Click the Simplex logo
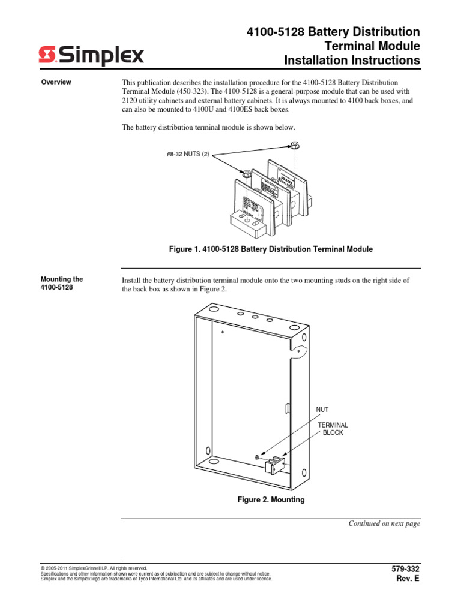pyautogui.click(x=92, y=56)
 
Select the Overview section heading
pyautogui.click(x=56, y=82)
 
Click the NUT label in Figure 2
pyautogui.click(x=323, y=410)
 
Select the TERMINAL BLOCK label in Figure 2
pyautogui.click(x=333, y=428)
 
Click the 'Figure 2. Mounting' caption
pyautogui.click(x=271, y=499)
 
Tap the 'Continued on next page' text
pyautogui.click(x=385, y=523)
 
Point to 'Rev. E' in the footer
pyautogui.click(x=408, y=579)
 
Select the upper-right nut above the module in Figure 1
pyautogui.click(x=295, y=145)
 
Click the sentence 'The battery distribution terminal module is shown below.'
pyautogui.click(x=209, y=128)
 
